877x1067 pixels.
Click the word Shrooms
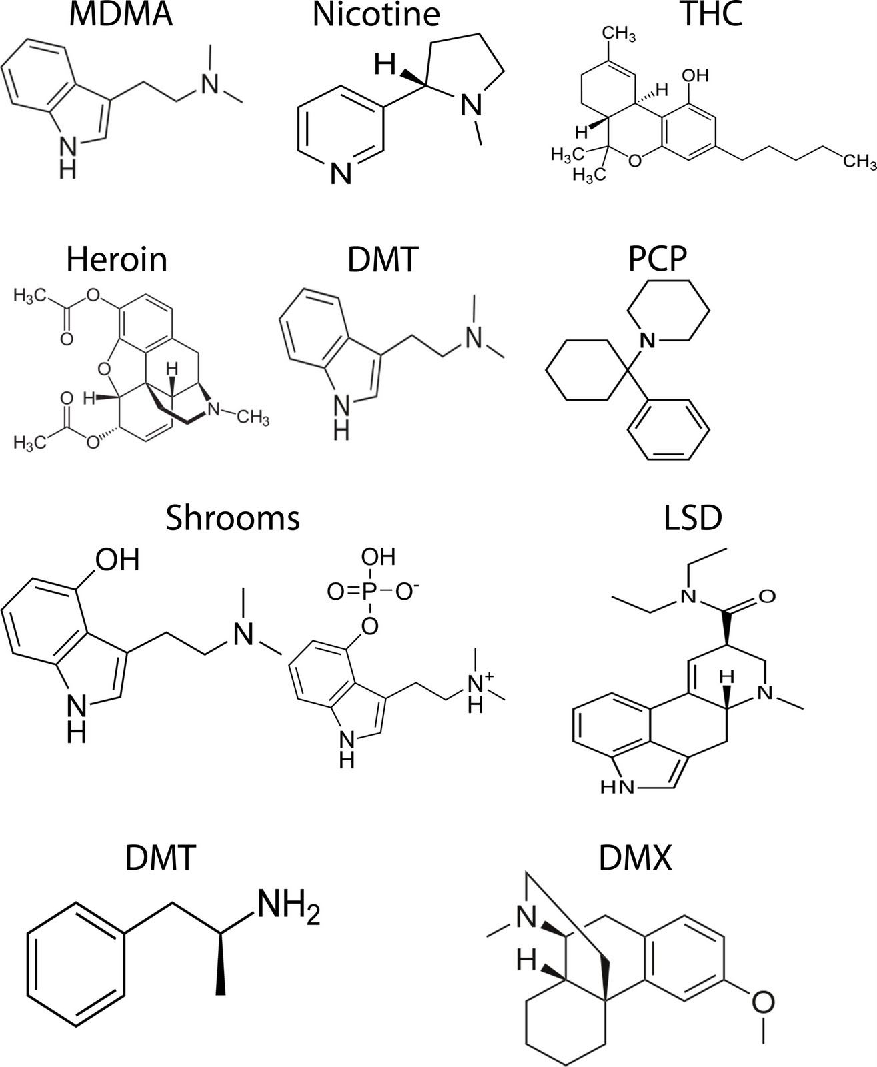pyautogui.click(x=233, y=519)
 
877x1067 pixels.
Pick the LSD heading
pyautogui.click(x=693, y=519)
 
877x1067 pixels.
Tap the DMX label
pyautogui.click(x=635, y=858)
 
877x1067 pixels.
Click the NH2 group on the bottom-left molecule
pyautogui.click(x=289, y=904)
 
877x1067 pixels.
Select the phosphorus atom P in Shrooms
pyautogui.click(x=370, y=592)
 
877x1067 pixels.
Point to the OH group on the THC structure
pyautogui.click(x=696, y=76)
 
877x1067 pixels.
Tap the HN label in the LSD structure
pyautogui.click(x=617, y=788)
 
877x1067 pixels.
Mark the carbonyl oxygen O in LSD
pyautogui.click(x=767, y=596)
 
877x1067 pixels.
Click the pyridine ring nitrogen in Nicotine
pyautogui.click(x=341, y=175)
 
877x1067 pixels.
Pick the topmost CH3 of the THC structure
pyautogui.click(x=619, y=35)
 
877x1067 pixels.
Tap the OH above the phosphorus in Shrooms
pyautogui.click(x=378, y=557)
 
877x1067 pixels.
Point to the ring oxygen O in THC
pyautogui.click(x=634, y=161)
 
